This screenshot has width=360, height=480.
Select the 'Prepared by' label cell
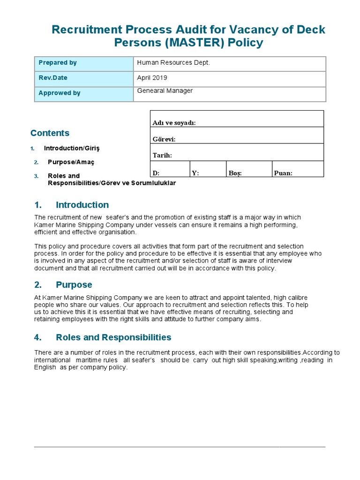(84, 63)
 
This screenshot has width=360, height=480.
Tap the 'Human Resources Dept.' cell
(230, 63)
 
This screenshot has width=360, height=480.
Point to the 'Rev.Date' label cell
(84, 78)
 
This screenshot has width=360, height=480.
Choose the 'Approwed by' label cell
(84, 93)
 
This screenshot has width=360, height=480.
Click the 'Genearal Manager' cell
(230, 93)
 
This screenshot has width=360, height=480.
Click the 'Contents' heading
(50, 133)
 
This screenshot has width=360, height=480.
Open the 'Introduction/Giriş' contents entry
(72, 148)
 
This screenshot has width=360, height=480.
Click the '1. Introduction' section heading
(72, 205)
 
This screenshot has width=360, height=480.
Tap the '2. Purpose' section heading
(63, 285)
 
